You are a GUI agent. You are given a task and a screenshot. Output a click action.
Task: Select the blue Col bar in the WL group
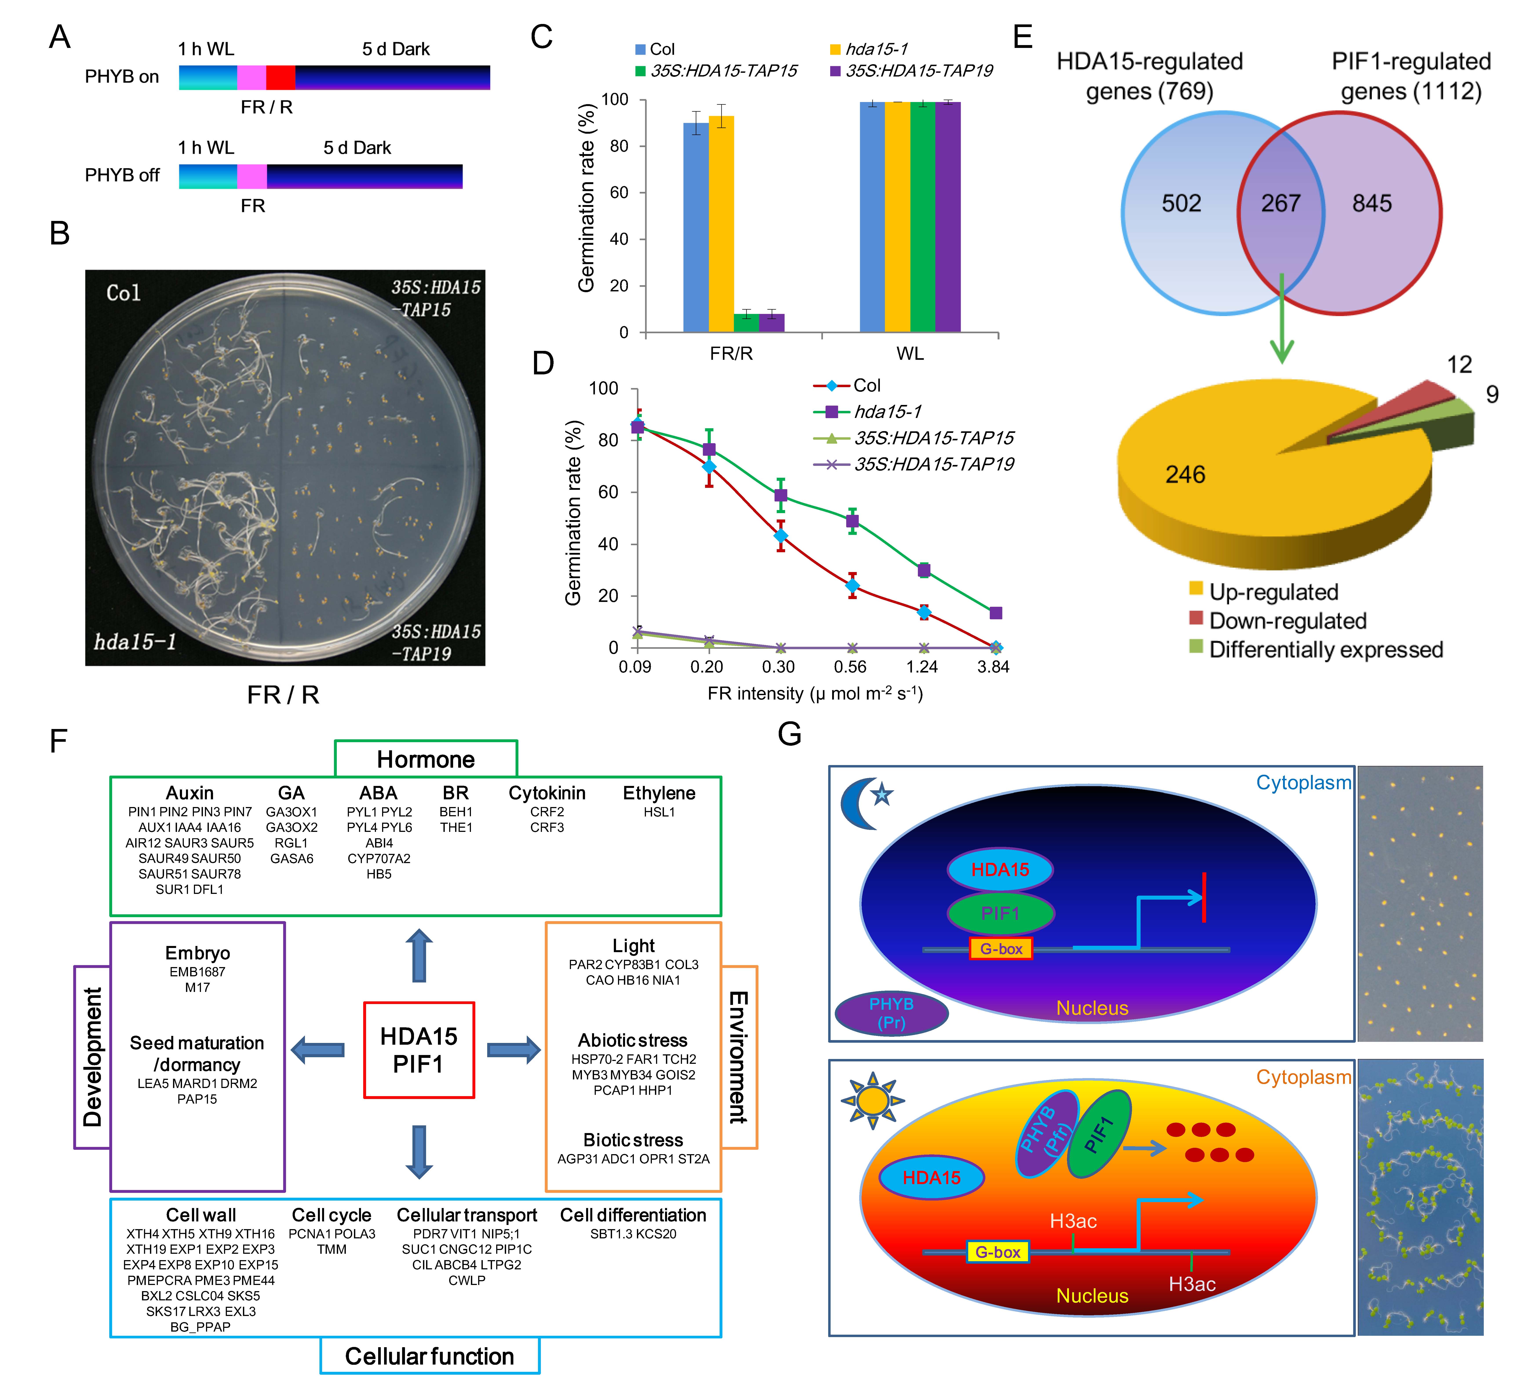pos(872,217)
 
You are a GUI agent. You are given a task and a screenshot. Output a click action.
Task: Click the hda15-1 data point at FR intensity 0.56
pos(852,521)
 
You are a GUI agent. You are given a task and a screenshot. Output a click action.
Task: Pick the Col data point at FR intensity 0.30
pos(780,536)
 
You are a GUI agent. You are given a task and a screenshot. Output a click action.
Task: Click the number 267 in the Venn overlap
pos(1281,203)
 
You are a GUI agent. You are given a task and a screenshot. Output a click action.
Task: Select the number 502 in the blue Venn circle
pos(1181,203)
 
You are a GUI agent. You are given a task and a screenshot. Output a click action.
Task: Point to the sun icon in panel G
pos(872,1100)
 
